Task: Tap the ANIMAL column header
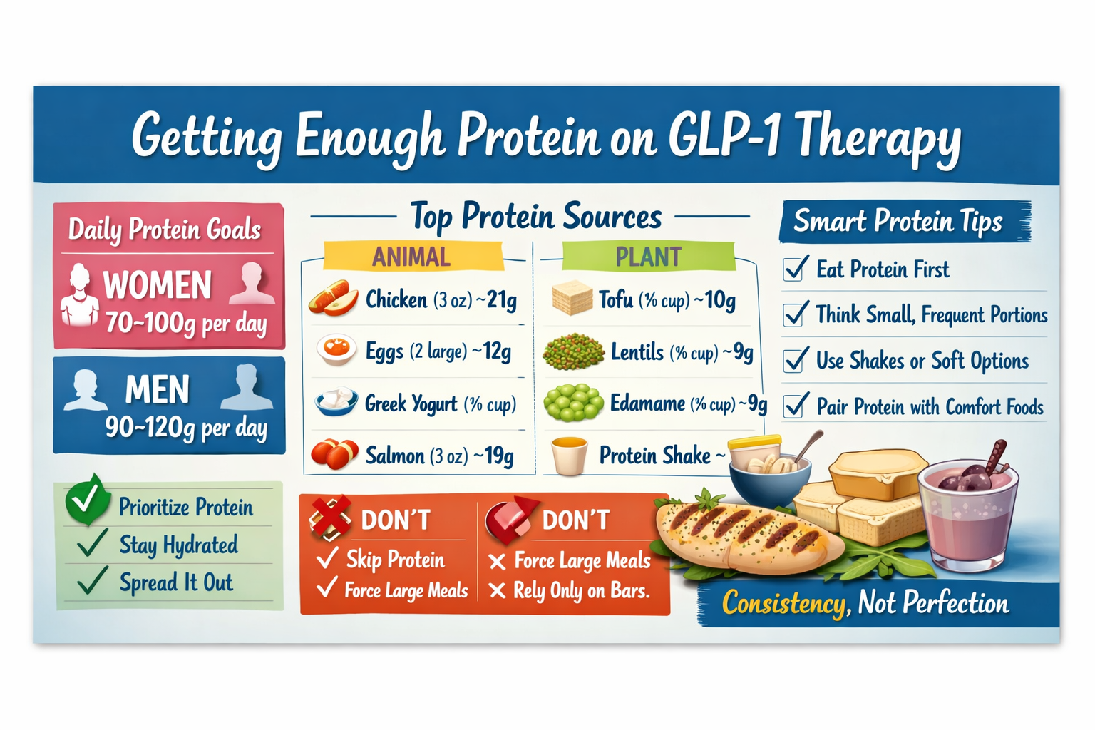(x=411, y=257)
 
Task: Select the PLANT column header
(x=648, y=257)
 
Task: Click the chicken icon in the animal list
(x=333, y=299)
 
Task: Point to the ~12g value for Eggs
(x=492, y=351)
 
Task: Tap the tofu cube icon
(x=572, y=298)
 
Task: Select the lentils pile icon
(x=572, y=351)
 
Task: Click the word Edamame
(x=647, y=403)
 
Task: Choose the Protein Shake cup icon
(x=569, y=456)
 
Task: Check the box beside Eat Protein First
(x=796, y=269)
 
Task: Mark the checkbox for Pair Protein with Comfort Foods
(x=796, y=406)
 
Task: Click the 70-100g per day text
(x=186, y=324)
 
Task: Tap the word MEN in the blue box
(x=158, y=390)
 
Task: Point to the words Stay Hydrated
(x=178, y=545)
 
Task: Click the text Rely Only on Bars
(x=582, y=591)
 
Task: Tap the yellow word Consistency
(x=783, y=604)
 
